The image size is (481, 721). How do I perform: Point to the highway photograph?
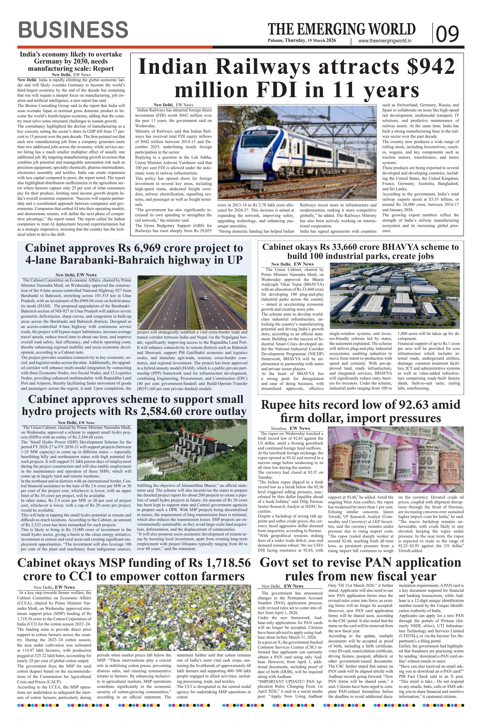pyautogui.click(x=192, y=302)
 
